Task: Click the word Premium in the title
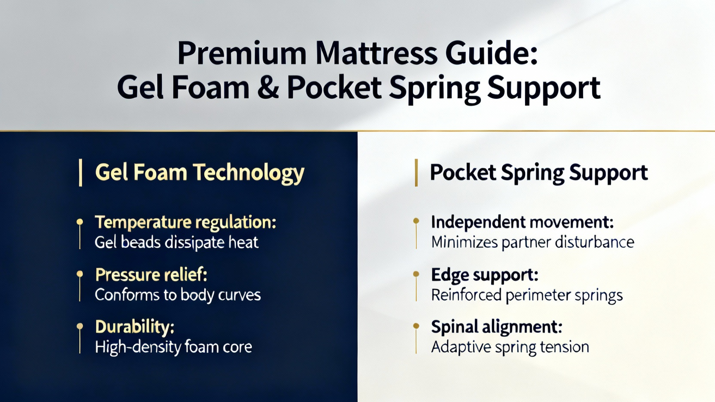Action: [x=242, y=54]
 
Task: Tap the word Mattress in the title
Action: [x=376, y=53]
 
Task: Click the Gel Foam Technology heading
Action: [x=200, y=173]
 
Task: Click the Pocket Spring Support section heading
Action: [x=539, y=173]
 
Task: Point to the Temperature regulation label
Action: [x=185, y=222]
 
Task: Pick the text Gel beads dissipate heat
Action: [x=177, y=243]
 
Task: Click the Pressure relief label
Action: [x=151, y=275]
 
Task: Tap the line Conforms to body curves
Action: [x=178, y=295]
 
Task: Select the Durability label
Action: [x=135, y=327]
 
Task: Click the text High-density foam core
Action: [x=173, y=347]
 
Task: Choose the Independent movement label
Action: [x=522, y=222]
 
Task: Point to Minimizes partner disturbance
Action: [x=532, y=242]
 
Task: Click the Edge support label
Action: [x=484, y=275]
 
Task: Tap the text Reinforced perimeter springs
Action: [x=527, y=295]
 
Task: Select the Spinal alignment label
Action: [x=496, y=327]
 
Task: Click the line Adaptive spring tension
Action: [x=510, y=347]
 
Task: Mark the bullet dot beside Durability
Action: [x=80, y=326]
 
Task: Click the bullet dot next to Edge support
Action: [x=416, y=274]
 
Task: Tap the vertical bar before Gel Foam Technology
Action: [x=80, y=172]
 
